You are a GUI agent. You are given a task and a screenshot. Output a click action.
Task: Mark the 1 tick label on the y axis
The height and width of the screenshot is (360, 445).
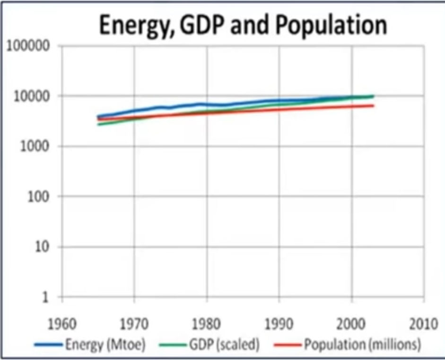[46, 297]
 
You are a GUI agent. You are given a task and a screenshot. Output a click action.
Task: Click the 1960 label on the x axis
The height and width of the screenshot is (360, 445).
[62, 326]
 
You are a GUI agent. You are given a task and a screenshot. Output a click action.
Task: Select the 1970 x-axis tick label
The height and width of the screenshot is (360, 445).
[134, 326]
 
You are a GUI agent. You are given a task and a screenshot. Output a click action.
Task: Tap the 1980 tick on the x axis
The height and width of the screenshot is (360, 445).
[207, 326]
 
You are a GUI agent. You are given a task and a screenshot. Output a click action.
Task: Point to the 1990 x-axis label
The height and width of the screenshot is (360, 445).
[279, 326]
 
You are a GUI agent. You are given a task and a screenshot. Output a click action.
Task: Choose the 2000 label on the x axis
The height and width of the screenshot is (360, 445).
[351, 326]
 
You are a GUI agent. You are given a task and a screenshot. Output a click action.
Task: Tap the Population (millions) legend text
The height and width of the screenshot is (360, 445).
[362, 345]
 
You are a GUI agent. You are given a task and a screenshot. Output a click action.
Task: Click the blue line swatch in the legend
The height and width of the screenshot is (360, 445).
[49, 345]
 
